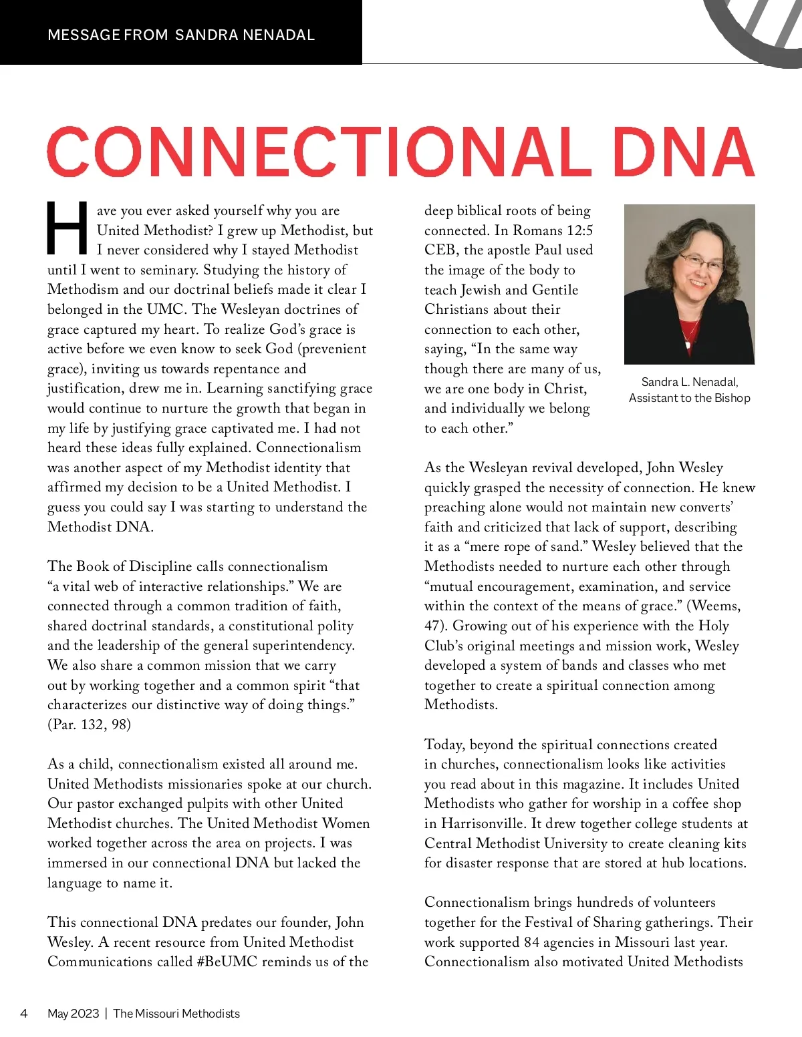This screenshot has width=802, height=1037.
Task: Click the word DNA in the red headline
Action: (x=683, y=152)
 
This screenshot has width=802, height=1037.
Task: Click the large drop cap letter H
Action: (x=67, y=229)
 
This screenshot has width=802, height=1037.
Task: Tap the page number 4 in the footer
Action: (x=24, y=1014)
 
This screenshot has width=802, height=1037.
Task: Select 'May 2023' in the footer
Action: (x=73, y=1014)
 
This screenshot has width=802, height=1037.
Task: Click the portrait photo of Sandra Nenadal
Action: (x=689, y=284)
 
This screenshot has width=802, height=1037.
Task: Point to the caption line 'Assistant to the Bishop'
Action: (x=689, y=398)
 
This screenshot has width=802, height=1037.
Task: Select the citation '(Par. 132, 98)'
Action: (x=89, y=724)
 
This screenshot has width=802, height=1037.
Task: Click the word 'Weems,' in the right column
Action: (x=716, y=606)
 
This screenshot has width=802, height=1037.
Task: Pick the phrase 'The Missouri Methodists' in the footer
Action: (x=176, y=1014)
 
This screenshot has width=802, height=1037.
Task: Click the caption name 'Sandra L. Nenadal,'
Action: (x=689, y=382)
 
